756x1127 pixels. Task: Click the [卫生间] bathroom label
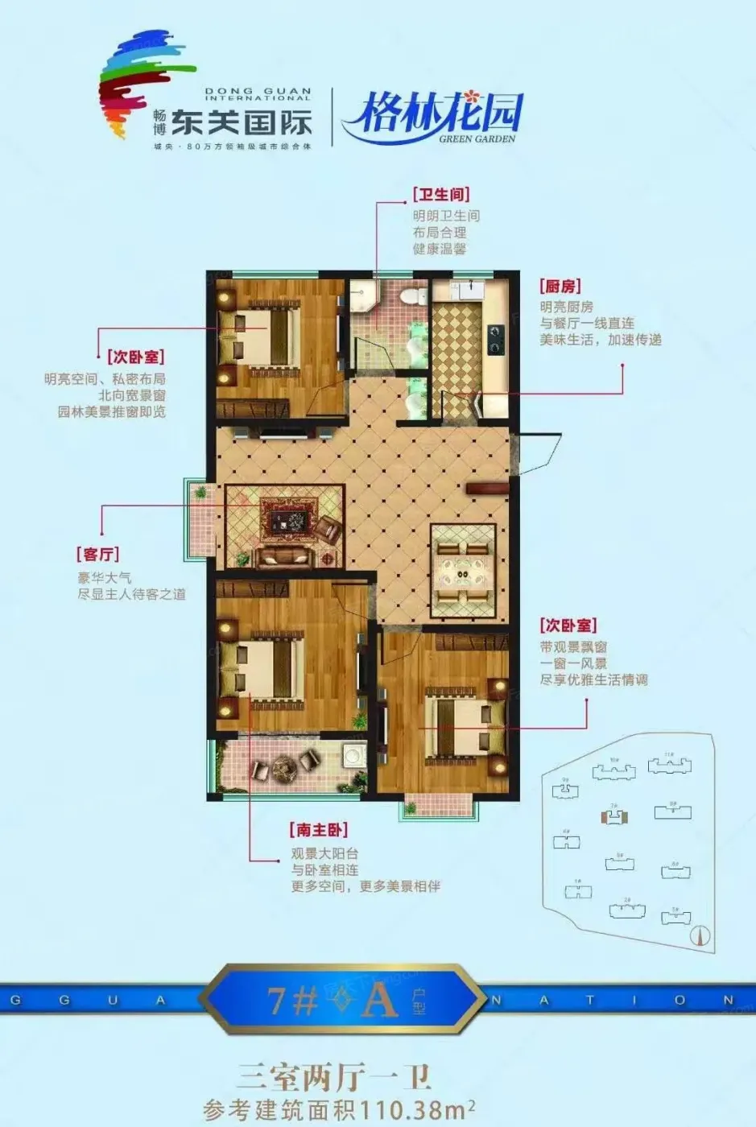(x=440, y=195)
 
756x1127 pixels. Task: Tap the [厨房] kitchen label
(x=560, y=286)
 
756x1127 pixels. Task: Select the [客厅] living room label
(x=98, y=555)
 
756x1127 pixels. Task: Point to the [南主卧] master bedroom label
(x=318, y=830)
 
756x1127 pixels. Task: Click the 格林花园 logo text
(x=432, y=113)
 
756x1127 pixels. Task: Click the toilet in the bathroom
(x=415, y=295)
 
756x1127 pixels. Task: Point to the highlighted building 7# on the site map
(x=614, y=816)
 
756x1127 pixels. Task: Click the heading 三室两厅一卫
(x=333, y=1077)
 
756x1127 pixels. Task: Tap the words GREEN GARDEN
(x=477, y=138)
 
